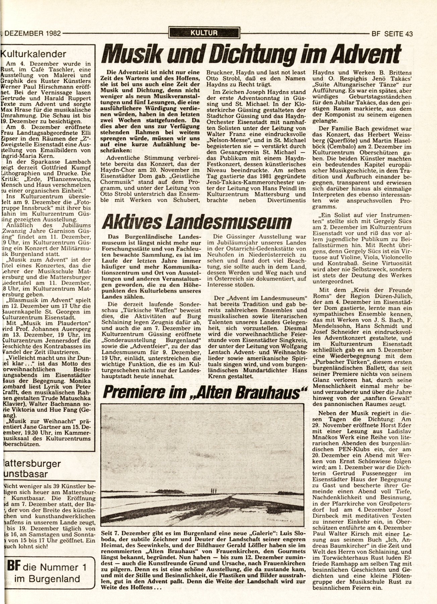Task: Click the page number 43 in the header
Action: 408,34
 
